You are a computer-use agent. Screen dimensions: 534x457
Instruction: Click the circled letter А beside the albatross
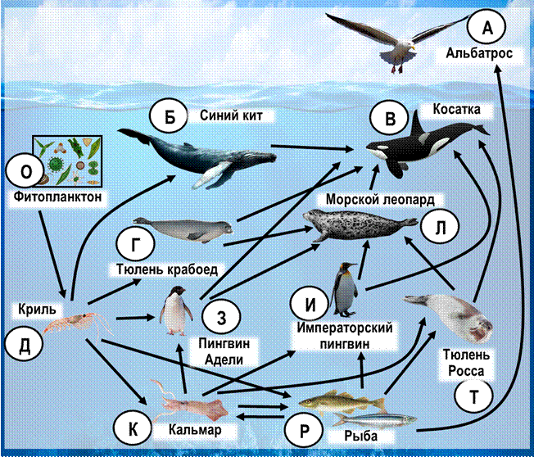tap(486, 27)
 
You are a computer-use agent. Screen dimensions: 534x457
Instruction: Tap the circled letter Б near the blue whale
tap(170, 117)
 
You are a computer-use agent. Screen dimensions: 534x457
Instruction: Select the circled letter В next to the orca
tap(390, 119)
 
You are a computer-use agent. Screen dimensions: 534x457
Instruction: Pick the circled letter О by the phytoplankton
tap(25, 171)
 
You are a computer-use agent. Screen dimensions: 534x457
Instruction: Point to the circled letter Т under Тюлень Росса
tap(473, 396)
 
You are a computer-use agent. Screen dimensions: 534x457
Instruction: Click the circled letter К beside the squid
tap(133, 428)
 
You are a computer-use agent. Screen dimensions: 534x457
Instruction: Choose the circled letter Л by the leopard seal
tap(440, 227)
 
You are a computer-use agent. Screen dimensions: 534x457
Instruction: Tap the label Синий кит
tap(231, 115)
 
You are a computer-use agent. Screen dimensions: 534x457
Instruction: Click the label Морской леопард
tap(380, 199)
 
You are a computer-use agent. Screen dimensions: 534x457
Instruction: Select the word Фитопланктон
tap(57, 197)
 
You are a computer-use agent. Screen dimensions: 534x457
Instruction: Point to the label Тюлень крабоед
tap(167, 269)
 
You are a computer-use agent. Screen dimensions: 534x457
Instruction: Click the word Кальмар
tap(195, 430)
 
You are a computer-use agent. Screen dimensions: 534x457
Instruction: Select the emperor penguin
tap(345, 290)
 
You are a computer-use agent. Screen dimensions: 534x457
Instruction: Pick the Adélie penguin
tap(176, 310)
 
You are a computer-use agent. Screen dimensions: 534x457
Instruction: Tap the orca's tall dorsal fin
tap(418, 124)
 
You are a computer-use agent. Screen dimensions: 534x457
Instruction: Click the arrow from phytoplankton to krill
tap(52, 254)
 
